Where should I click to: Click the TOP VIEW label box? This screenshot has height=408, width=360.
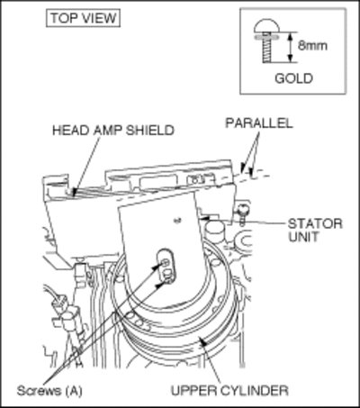pos(83,18)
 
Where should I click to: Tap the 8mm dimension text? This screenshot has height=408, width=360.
pos(312,45)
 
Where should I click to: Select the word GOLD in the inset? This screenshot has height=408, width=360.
pos(293,78)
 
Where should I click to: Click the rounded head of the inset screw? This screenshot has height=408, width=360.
pos(266,26)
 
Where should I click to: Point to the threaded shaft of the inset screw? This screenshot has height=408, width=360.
pos(267,50)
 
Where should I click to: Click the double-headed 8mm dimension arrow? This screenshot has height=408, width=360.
pos(290,47)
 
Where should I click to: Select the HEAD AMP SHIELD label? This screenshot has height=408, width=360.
pos(113,131)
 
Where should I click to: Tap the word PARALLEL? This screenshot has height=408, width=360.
pos(259,122)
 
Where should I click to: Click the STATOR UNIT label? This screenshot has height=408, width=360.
pos(315,231)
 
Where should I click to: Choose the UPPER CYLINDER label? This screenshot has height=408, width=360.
pos(229,391)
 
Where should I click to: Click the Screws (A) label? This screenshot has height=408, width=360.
pos(49,391)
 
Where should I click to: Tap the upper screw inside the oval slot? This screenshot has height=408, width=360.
pos(166,263)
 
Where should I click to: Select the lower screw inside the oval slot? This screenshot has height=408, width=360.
pos(168,280)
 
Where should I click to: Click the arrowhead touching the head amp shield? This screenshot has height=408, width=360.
pos(75,192)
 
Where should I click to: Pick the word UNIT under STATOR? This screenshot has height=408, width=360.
pos(303,237)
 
